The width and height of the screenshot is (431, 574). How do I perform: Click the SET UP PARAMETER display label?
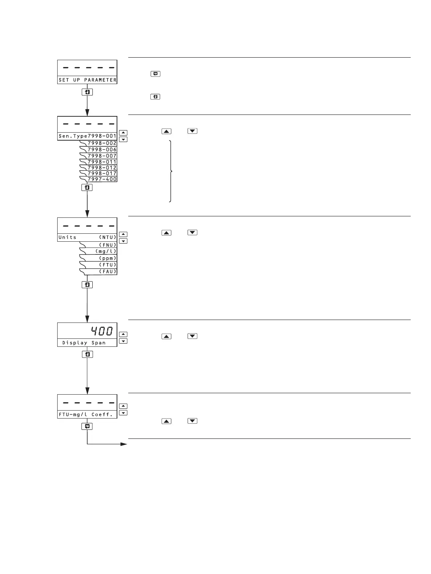click(x=87, y=80)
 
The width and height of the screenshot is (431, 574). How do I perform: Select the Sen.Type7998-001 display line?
click(x=87, y=136)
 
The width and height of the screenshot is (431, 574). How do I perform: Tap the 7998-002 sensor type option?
click(x=102, y=143)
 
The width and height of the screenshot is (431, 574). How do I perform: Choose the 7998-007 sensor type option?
click(x=102, y=156)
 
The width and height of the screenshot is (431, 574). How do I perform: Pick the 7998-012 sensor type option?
click(x=102, y=168)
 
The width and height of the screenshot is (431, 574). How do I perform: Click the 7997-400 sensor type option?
click(x=102, y=179)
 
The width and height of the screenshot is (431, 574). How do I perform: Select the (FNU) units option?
click(x=108, y=245)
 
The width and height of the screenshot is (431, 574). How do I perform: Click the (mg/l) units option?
click(x=106, y=251)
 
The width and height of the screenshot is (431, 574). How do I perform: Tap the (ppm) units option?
click(x=108, y=258)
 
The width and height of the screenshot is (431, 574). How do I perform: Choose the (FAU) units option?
click(x=108, y=271)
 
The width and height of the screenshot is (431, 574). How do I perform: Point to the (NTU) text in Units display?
click(x=108, y=237)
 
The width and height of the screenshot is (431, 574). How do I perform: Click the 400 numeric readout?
click(x=102, y=331)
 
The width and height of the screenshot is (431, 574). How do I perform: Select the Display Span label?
click(x=84, y=343)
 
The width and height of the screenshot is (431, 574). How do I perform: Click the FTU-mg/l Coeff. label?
click(x=86, y=415)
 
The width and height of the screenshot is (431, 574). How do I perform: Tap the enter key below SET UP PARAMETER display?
click(x=87, y=92)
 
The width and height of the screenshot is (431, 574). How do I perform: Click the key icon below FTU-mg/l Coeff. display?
click(x=87, y=427)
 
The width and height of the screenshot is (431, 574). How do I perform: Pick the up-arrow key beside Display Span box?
click(x=123, y=334)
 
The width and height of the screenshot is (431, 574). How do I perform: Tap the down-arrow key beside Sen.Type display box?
click(x=123, y=140)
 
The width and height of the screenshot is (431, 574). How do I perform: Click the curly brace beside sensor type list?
click(x=171, y=171)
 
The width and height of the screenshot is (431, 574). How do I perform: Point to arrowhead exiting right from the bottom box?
click(x=124, y=444)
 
